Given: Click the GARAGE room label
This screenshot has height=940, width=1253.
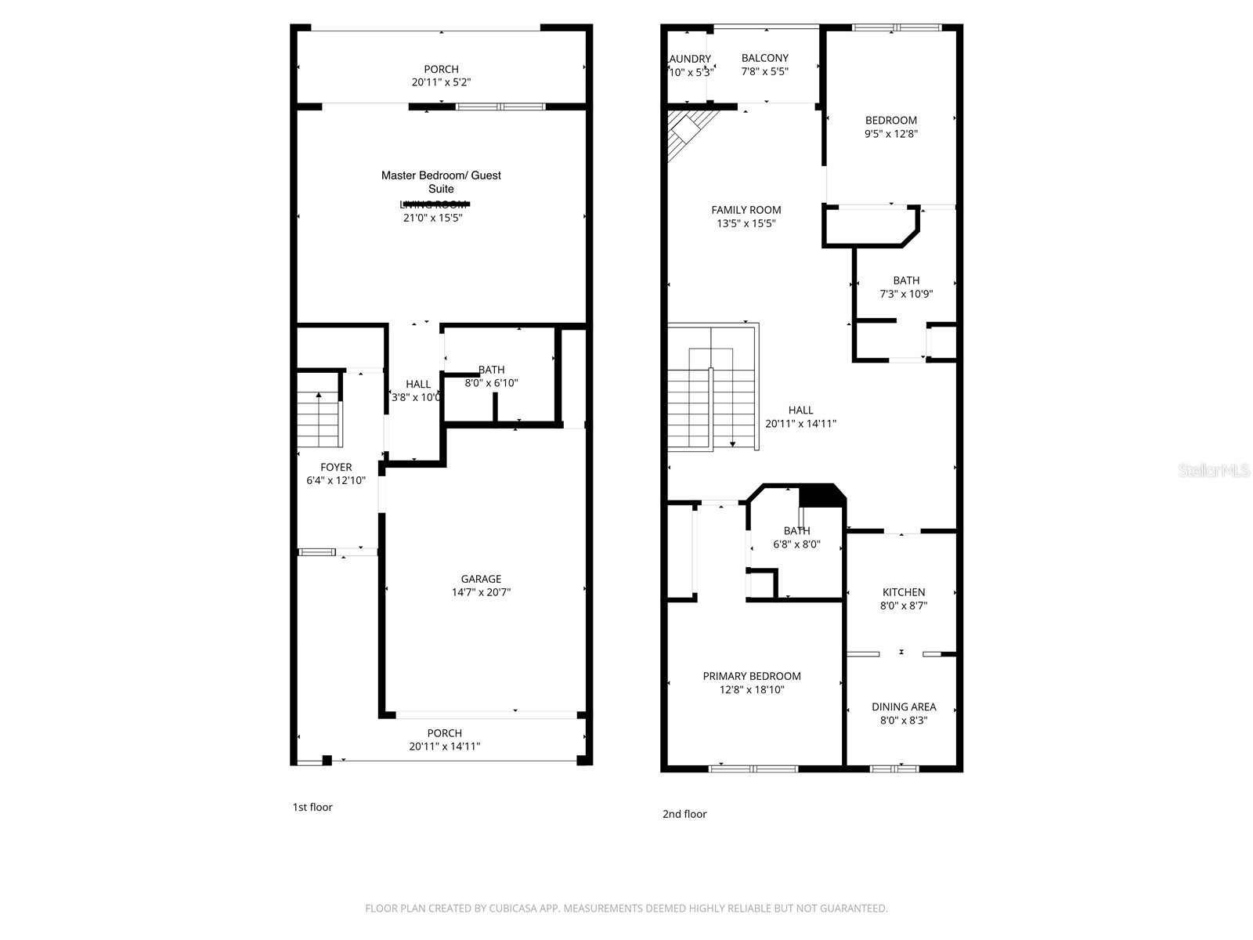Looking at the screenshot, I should coord(481,579).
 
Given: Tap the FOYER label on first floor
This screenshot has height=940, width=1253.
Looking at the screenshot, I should coord(336,467).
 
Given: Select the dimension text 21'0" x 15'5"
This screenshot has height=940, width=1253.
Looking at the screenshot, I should coord(433,218).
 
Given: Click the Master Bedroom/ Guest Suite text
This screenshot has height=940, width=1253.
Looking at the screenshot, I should coord(441,182).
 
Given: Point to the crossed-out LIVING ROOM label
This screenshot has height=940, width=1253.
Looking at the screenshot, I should coord(433,204).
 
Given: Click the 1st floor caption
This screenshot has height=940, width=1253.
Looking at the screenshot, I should coord(312,807).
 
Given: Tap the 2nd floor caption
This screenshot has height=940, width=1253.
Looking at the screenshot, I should coord(684,814).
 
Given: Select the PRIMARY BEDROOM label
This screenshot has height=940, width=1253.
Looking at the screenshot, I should coord(752,676).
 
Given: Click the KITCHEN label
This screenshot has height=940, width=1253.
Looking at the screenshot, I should coord(904,592).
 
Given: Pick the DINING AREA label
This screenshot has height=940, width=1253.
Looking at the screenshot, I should coord(904,707).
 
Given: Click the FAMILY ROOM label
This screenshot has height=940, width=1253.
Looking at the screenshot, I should coord(746,210).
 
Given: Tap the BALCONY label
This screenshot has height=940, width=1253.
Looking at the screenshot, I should coord(765,58).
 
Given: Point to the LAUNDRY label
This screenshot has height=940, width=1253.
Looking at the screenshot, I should coord(689,59).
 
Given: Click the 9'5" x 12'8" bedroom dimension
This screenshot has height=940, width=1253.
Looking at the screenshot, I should coord(891,134).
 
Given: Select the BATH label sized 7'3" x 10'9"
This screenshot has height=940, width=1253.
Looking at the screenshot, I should coord(906,280).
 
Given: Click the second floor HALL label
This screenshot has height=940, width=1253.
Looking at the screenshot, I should coord(800,410).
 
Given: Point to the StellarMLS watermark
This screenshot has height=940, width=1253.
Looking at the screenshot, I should coord(1214,471).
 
